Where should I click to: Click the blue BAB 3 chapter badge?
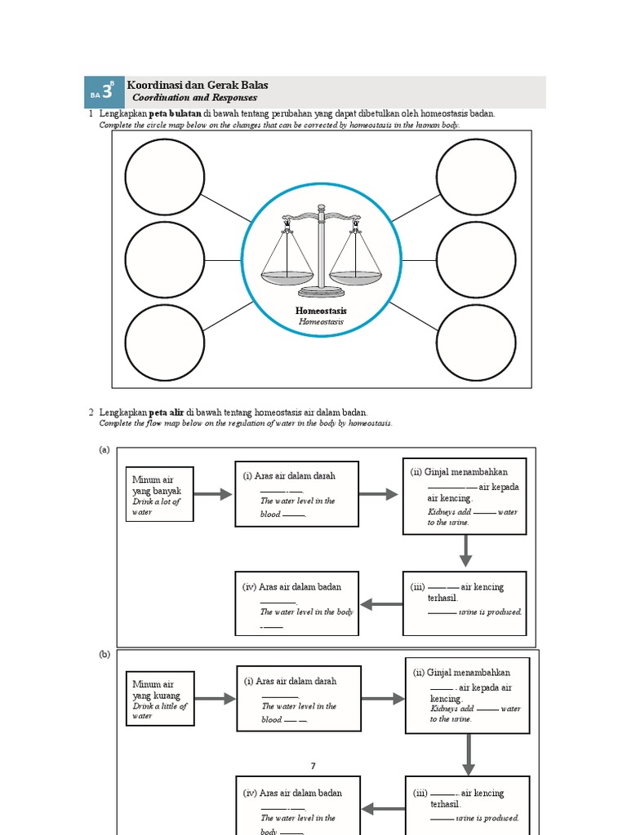[104, 92]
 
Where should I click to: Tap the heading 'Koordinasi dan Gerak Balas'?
[198, 85]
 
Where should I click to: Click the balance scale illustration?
[321, 252]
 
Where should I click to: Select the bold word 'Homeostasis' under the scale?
[321, 311]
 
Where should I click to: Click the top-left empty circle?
[164, 178]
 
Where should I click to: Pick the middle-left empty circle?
[164, 260]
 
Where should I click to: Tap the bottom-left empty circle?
[164, 342]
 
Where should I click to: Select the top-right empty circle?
[476, 178]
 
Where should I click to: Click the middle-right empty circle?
[476, 260]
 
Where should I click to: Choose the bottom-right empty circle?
[476, 342]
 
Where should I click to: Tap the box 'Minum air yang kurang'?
[161, 700]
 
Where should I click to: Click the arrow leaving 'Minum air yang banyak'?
[214, 495]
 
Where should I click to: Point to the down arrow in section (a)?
[465, 552]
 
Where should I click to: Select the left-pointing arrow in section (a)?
[381, 604]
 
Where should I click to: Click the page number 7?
[313, 766]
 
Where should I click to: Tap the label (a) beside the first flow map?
[104, 450]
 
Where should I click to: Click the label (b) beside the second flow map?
[104, 654]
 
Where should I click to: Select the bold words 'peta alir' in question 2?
[167, 413]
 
